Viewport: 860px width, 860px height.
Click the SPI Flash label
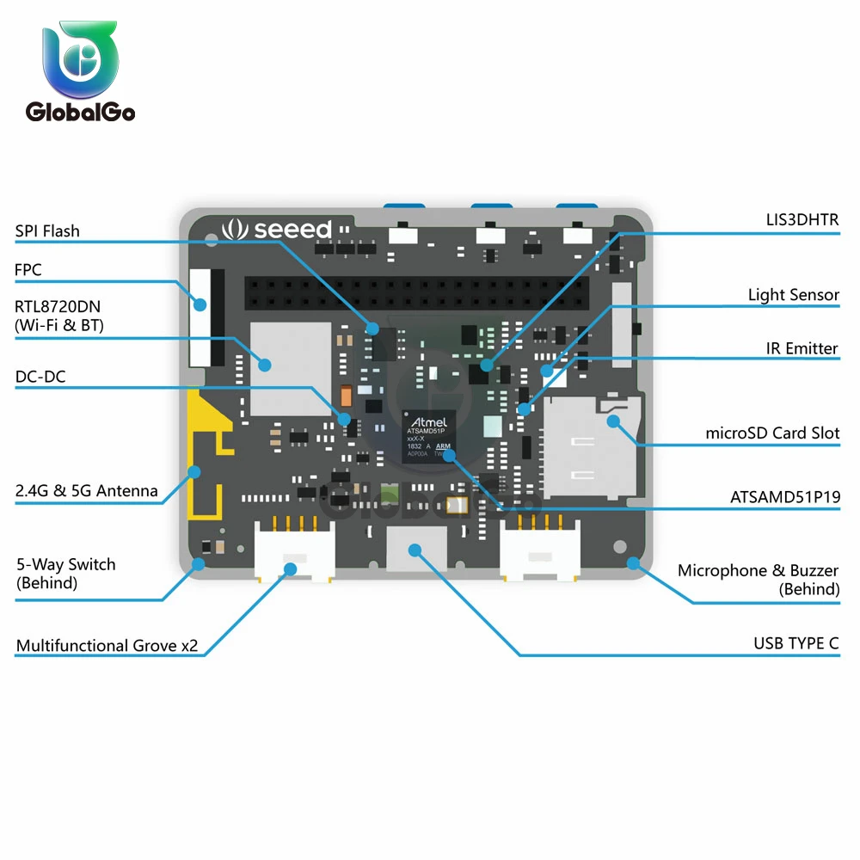point(47,230)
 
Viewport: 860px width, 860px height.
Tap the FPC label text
point(28,270)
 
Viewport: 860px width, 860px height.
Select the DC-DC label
point(40,377)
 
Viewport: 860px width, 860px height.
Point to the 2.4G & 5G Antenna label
point(87,491)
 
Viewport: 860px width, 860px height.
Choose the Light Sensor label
point(793,295)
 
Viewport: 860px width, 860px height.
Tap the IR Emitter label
point(802,348)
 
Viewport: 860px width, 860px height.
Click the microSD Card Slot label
point(772,433)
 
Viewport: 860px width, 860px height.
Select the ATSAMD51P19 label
point(785,497)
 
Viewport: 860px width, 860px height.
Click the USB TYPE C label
point(795,643)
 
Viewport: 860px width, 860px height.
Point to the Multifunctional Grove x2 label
point(107,645)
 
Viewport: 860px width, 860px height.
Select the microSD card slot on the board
point(589,447)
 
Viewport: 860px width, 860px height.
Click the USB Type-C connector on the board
point(416,550)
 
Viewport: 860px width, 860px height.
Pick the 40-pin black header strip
point(417,294)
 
